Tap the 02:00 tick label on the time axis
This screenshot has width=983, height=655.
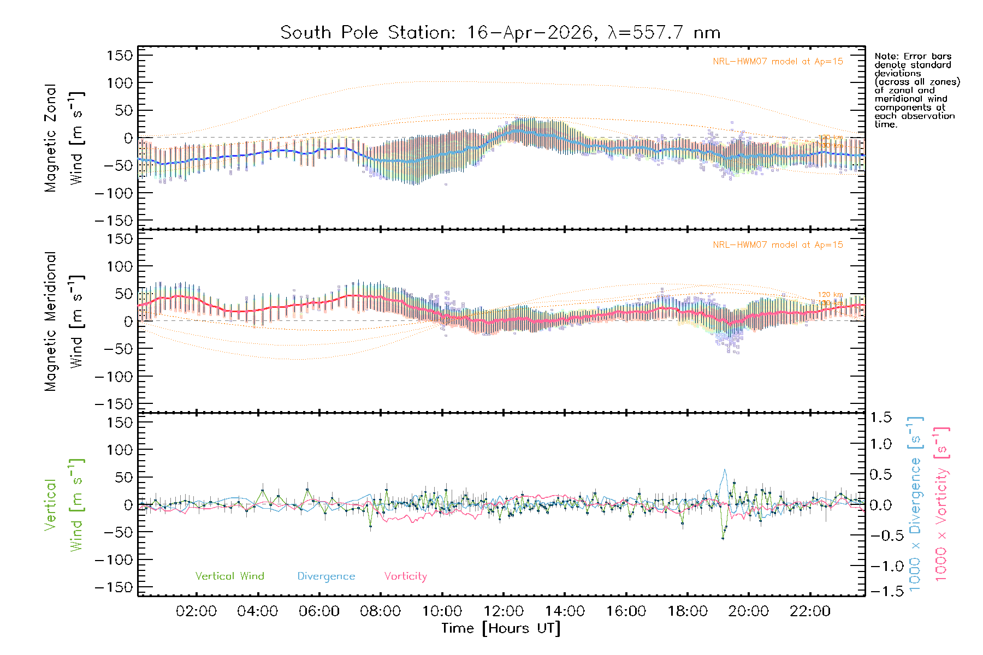point(196,611)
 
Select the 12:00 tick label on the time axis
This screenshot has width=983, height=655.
point(504,611)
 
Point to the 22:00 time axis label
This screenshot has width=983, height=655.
point(810,611)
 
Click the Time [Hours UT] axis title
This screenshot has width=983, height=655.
point(501,628)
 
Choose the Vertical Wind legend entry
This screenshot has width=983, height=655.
point(229,576)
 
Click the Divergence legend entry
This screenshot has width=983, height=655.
point(326,576)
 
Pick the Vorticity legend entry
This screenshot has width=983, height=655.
point(405,576)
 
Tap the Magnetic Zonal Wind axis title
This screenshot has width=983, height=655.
point(63,138)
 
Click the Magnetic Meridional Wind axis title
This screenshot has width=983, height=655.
point(63,321)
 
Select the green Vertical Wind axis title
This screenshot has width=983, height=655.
point(63,505)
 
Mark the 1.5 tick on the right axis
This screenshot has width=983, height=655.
point(880,418)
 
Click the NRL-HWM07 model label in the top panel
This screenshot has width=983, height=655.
point(778,62)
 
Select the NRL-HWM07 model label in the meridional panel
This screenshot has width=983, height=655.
point(778,245)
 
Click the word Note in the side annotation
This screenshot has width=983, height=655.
point(885,56)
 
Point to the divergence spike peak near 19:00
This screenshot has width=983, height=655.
point(725,469)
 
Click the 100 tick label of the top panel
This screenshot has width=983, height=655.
point(120,83)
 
